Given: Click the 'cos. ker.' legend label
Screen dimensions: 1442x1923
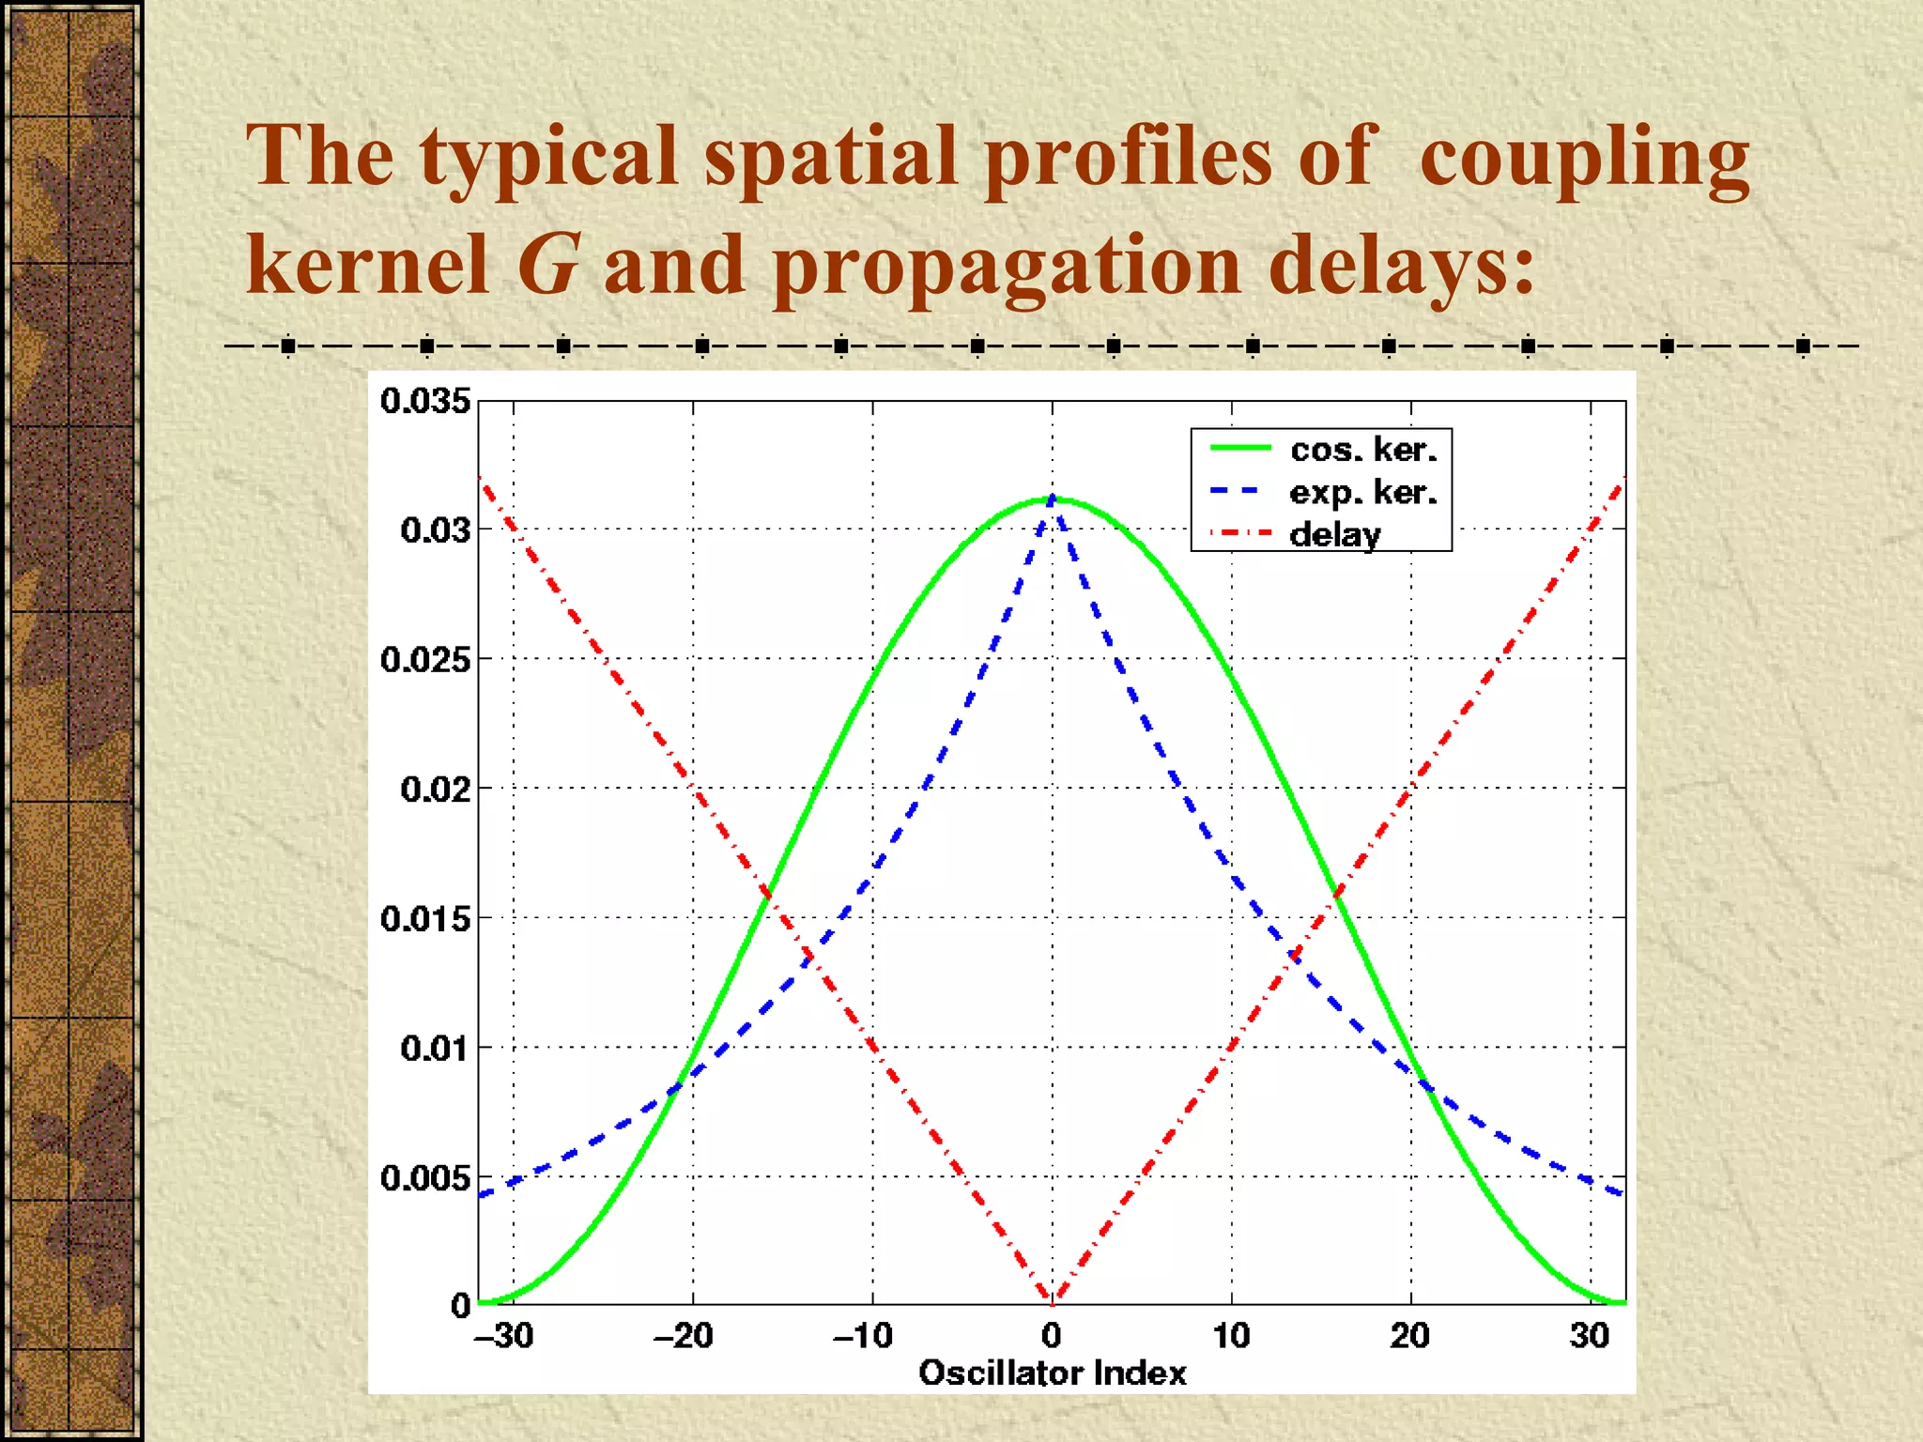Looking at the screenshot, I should point(1363,450).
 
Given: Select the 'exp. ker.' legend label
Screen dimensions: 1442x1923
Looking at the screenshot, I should point(1362,492).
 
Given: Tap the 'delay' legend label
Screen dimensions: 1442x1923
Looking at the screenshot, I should point(1334,534).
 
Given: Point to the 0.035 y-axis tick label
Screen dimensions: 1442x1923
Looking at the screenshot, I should point(425,401).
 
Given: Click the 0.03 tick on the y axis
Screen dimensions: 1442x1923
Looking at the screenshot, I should point(436,529).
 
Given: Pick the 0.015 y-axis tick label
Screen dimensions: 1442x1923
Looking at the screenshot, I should point(425,918).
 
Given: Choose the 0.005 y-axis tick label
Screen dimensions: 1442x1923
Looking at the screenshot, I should point(425,1177).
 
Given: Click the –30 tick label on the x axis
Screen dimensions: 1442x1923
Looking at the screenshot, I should point(504,1335).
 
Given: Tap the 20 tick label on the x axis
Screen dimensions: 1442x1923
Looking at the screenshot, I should point(1409,1335).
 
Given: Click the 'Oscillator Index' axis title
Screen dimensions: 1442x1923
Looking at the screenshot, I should point(1052,1373).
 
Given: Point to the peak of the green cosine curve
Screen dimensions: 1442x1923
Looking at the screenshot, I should point(1052,499).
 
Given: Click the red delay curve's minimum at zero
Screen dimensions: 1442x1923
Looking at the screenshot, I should point(1052,1301).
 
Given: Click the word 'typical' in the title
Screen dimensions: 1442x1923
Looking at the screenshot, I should point(548,158).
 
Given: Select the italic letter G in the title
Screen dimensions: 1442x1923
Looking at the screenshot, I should point(546,265).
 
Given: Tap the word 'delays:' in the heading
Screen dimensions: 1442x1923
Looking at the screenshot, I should point(1401,265).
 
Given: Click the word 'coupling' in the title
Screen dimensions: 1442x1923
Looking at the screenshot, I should point(1584,158).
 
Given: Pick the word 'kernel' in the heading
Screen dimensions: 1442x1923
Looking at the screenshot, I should point(367,265).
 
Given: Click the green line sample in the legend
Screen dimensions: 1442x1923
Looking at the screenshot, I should point(1240,448).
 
